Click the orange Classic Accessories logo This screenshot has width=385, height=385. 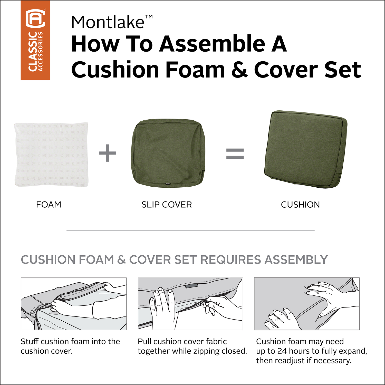(35, 40)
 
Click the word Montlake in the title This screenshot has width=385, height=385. (108, 22)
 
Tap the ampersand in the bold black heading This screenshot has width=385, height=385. (240, 70)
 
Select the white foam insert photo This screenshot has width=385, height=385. (52, 155)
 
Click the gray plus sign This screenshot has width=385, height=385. (108, 153)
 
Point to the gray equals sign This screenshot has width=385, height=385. (235, 153)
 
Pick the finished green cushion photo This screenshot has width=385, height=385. (305, 149)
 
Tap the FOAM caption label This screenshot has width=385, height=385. (49, 205)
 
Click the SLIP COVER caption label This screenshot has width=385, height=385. (167, 205)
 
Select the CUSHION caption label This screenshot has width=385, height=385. (300, 205)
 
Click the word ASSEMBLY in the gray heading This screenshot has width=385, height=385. (296, 260)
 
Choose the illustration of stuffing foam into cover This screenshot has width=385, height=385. (74, 304)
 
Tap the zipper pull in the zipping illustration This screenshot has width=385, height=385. (205, 303)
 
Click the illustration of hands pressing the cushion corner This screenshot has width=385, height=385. (307, 304)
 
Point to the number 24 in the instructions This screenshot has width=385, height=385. (282, 351)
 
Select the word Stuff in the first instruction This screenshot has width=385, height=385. (30, 341)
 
